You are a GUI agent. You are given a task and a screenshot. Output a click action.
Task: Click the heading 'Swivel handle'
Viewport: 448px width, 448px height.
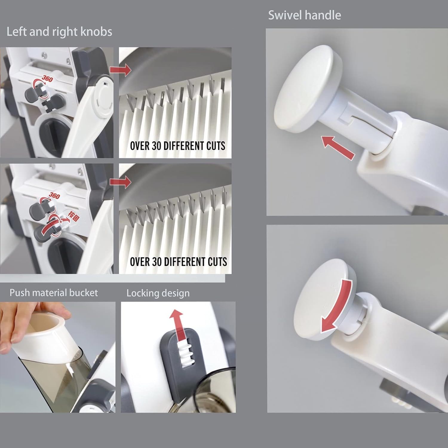click(304, 15)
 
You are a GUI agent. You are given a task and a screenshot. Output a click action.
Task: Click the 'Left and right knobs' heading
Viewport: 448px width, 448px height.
click(59, 32)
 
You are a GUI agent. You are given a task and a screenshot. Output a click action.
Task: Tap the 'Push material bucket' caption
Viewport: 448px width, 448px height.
click(54, 293)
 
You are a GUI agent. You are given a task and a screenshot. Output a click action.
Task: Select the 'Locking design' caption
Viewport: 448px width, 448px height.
click(158, 293)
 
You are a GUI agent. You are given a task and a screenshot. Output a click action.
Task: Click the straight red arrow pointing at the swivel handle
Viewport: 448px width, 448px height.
click(338, 147)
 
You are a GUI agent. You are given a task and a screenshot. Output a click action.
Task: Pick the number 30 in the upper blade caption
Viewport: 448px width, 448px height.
click(157, 146)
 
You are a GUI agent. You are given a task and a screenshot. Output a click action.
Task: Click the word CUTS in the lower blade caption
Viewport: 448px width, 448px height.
click(217, 262)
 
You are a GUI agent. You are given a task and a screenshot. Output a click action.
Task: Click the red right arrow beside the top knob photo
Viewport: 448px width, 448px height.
click(120, 70)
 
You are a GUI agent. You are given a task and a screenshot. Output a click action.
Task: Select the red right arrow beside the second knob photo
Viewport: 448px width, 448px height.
click(120, 182)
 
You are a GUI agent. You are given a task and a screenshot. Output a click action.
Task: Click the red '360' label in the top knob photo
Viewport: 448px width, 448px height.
click(47, 79)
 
